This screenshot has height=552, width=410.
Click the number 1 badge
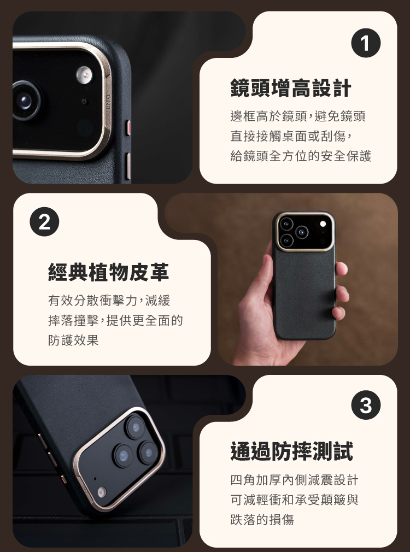[366, 43]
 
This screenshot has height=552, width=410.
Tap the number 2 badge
[44, 222]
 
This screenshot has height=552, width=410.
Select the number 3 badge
[366, 405]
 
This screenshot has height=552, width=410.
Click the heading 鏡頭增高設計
[291, 88]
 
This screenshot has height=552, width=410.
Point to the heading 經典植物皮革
[108, 272]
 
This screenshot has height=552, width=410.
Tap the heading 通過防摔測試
[292, 451]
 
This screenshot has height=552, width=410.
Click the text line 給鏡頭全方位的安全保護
[301, 156]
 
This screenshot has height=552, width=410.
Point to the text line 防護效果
[73, 340]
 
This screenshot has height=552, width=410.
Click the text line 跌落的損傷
[262, 519]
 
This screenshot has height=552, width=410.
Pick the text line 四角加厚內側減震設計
[295, 480]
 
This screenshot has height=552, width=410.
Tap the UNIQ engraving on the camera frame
[108, 102]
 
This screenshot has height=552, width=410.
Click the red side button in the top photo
[128, 128]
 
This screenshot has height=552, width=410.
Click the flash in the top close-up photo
[84, 74]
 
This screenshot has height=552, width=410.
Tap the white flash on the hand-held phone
[323, 224]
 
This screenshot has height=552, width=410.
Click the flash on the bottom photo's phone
[102, 492]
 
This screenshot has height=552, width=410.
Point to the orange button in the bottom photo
[64, 480]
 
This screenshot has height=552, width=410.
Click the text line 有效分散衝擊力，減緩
[109, 300]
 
